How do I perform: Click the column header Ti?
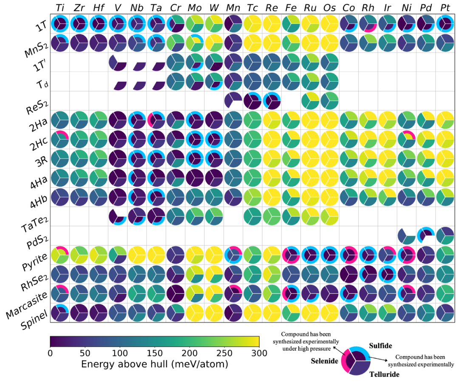pos(60,8)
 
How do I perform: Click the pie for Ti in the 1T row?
pos(60,23)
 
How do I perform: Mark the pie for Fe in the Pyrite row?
pos(291,255)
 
